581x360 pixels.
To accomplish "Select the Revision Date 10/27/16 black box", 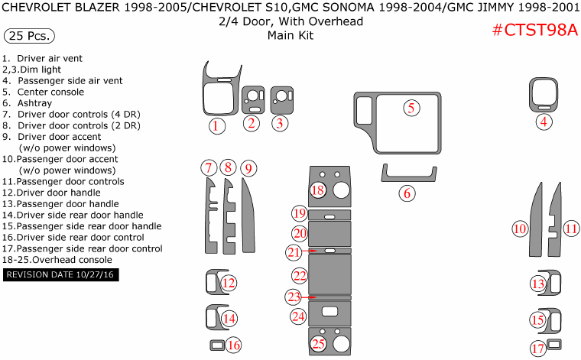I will [61, 274].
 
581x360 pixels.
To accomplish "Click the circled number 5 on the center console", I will [411, 108].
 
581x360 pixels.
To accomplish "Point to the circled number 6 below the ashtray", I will [407, 193].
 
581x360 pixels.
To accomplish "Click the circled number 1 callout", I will [218, 126].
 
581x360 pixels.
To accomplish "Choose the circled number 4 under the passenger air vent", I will [544, 122].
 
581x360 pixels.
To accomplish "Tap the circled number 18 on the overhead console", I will [318, 190].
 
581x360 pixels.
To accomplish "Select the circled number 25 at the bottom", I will [318, 345].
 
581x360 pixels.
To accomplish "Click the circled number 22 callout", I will [300, 275].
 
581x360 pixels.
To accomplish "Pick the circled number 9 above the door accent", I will [248, 167].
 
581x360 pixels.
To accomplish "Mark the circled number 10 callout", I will [520, 229].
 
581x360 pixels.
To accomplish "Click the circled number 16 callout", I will [234, 345].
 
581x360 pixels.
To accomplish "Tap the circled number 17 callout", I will [539, 349].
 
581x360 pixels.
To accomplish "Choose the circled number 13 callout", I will [537, 284].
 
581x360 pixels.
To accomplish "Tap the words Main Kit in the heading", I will [290, 35].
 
